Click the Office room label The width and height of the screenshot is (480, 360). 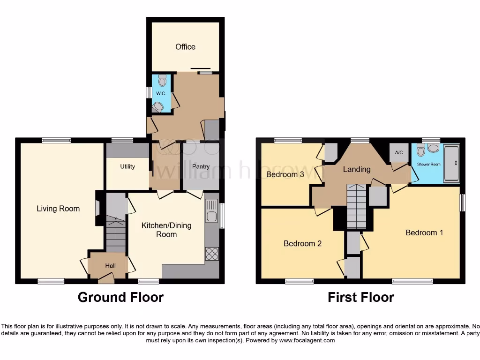tap(185, 47)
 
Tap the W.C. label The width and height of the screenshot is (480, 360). tap(161, 94)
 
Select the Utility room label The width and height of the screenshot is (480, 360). tap(127, 166)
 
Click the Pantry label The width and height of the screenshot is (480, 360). tap(201, 166)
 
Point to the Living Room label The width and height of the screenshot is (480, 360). tap(58, 209)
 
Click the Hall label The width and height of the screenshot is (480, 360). tap(110, 266)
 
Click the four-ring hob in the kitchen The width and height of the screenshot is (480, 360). tap(212, 254)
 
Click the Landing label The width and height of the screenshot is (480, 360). tap(357, 169)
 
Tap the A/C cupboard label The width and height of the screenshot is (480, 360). tap(399, 153)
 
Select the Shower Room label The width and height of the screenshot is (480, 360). tap(429, 165)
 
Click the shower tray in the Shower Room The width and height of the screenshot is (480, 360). tap(452, 164)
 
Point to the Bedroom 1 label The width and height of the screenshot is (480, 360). tap(424, 232)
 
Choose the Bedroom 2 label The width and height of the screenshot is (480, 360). tap(302, 243)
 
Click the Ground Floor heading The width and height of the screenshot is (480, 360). tap(120, 297)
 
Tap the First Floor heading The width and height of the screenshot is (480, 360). tap(360, 297)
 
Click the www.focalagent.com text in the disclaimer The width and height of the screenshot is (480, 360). tap(307, 340)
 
